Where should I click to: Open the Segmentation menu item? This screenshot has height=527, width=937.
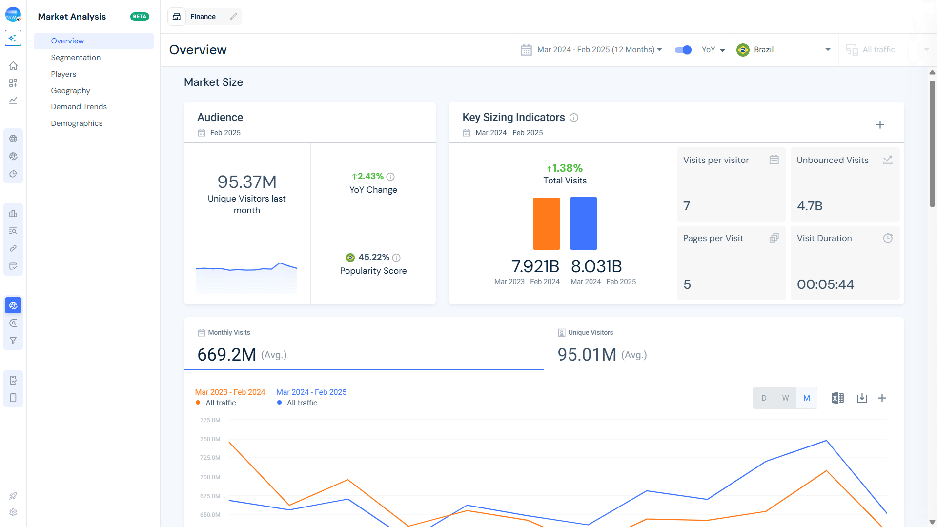(76, 58)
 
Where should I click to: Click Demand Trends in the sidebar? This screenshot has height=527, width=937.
(79, 107)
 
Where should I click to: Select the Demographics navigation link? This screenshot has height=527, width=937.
(77, 123)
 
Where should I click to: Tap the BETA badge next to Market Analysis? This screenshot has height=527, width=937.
(140, 17)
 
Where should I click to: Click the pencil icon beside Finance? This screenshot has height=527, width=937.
(234, 17)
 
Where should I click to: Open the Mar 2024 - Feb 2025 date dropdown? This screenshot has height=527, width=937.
(591, 50)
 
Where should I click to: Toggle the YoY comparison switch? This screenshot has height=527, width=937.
(683, 50)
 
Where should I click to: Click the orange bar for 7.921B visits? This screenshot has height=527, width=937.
(546, 223)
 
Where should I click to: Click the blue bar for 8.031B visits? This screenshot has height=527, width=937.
(583, 223)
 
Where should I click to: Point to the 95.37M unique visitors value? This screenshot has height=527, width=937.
(247, 182)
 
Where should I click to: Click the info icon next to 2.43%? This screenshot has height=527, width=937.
(390, 177)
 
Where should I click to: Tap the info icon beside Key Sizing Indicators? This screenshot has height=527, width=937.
(574, 118)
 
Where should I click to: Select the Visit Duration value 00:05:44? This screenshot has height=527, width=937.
(825, 284)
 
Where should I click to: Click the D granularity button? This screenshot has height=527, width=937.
(764, 398)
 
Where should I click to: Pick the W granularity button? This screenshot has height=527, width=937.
(785, 398)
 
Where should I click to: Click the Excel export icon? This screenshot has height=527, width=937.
(837, 398)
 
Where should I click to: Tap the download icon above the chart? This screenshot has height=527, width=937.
(862, 398)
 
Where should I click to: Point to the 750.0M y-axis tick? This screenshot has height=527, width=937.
(210, 439)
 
